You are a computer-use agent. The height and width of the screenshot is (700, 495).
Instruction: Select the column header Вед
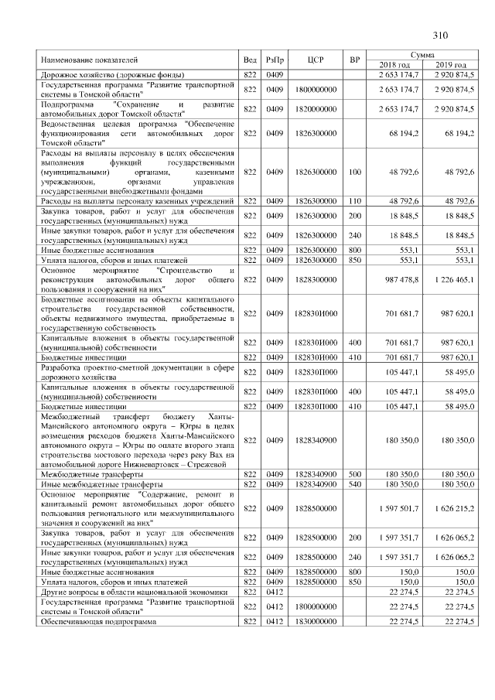(x=250, y=59)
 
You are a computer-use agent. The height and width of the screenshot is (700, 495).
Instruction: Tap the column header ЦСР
(x=315, y=59)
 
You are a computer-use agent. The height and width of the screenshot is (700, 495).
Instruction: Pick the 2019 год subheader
(x=452, y=64)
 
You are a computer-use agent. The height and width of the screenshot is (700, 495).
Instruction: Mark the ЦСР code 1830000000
(x=315, y=621)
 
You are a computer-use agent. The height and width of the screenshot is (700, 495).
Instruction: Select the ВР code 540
(x=356, y=483)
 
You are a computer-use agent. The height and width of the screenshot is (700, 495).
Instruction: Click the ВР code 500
(x=356, y=474)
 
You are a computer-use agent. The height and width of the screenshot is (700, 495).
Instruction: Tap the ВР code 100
(x=356, y=176)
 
